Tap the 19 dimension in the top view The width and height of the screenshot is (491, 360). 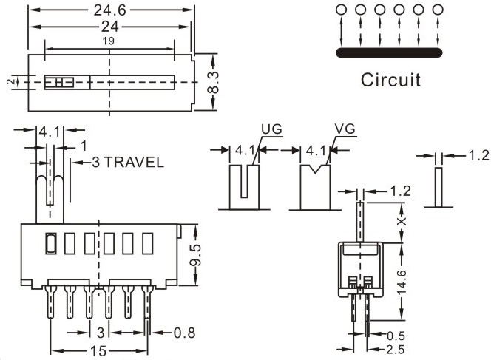click(109, 42)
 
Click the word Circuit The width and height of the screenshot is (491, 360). click(390, 79)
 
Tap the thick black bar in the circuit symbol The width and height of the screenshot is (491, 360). click(389, 52)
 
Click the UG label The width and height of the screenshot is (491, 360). click(271, 129)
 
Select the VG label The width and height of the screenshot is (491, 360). click(345, 129)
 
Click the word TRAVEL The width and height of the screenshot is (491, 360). click(133, 163)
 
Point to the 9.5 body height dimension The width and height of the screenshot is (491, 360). click(195, 255)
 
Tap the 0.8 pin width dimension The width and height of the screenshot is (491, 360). click(184, 333)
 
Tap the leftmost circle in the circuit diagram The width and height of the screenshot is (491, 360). click(342, 10)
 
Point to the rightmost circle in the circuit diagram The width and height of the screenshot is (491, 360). click(438, 10)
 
